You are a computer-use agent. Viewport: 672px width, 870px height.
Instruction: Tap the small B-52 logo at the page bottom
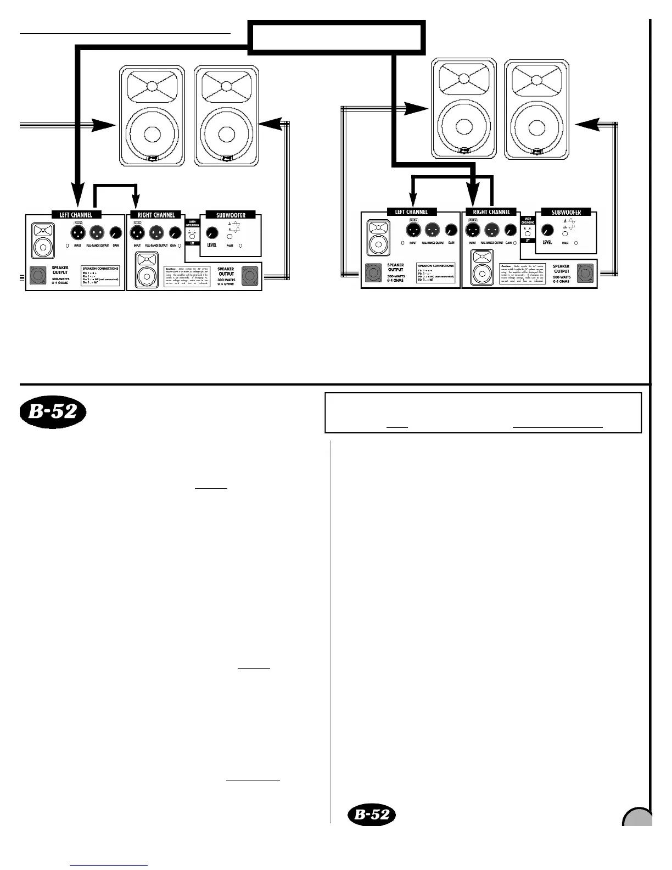point(372,814)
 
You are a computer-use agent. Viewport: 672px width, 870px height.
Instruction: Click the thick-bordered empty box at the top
point(338,38)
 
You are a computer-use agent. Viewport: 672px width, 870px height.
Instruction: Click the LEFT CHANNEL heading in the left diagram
point(76,215)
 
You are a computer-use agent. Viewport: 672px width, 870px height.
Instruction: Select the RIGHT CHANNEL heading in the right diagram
point(491,212)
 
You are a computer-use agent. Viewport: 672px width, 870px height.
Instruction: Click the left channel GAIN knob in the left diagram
point(115,233)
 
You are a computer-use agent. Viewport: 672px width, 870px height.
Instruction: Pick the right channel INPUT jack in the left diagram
point(136,233)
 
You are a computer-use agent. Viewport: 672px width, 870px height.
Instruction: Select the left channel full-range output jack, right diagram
point(431,230)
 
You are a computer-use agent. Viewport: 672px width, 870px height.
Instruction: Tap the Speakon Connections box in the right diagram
point(436,273)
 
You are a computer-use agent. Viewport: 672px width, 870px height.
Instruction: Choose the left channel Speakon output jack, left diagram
point(37,273)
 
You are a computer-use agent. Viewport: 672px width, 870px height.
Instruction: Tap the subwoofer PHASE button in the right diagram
point(564,233)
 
